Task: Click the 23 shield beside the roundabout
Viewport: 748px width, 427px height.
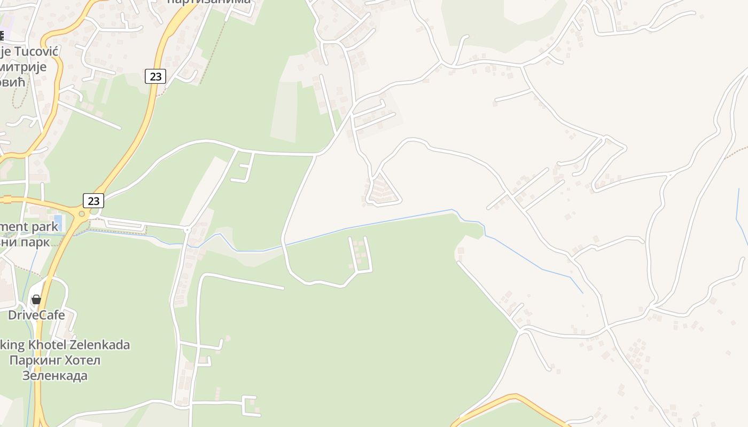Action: (93, 201)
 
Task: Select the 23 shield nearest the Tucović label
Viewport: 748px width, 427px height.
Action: (155, 76)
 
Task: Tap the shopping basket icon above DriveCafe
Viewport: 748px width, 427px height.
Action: (36, 299)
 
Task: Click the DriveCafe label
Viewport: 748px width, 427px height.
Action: (36, 315)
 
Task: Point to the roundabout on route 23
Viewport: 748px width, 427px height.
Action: (82, 214)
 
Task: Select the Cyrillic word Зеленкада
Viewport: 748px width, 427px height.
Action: (54, 376)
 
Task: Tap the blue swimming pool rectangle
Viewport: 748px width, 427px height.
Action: (58, 222)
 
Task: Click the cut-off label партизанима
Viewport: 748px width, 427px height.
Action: (209, 2)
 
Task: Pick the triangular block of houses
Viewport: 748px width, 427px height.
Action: (383, 190)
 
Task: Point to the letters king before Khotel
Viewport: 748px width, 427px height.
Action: (12, 345)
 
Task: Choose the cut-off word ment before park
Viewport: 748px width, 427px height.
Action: (14, 226)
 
